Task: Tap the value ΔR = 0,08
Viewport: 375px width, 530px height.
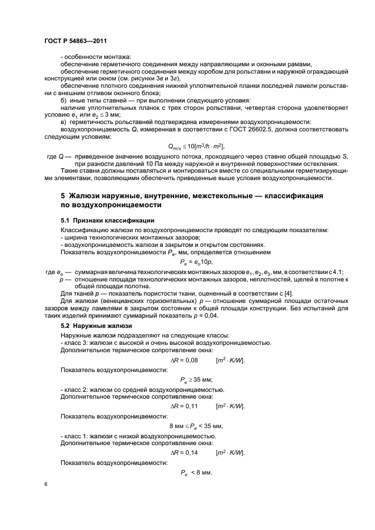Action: point(184,360)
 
